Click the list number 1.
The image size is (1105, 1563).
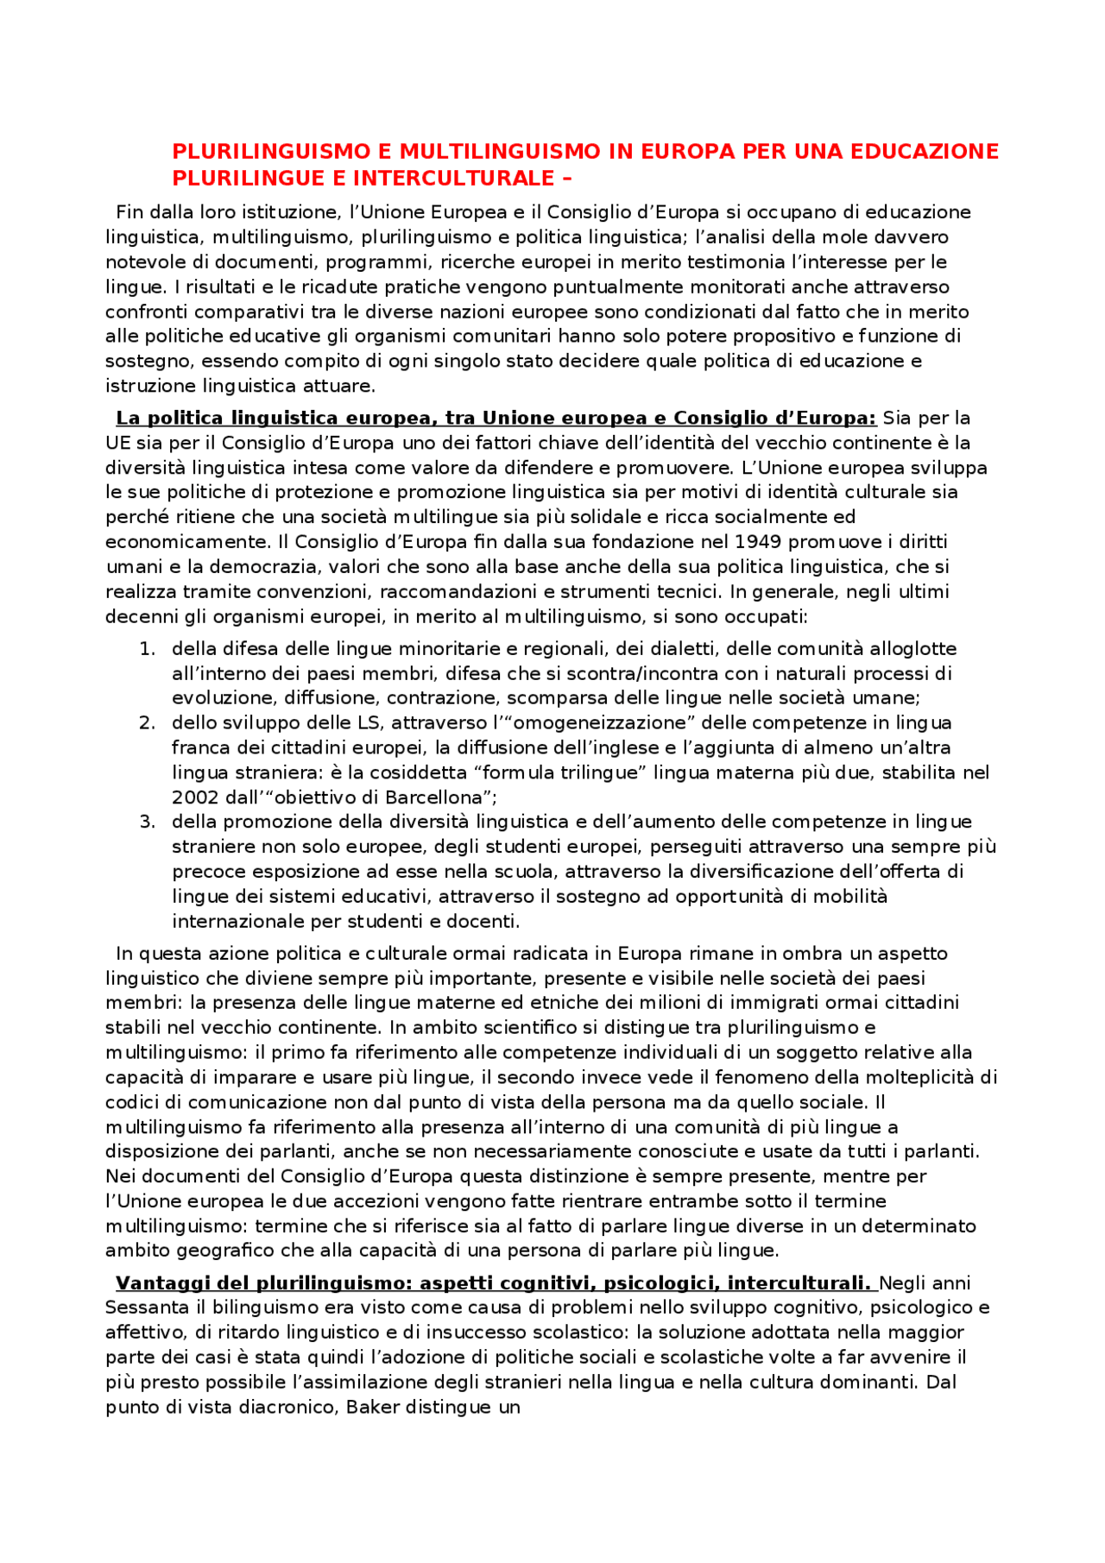tap(147, 649)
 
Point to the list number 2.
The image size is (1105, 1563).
tap(147, 723)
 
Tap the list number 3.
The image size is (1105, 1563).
tap(147, 822)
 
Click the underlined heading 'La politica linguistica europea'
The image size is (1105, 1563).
tap(496, 419)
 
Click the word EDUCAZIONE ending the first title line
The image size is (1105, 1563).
tap(925, 152)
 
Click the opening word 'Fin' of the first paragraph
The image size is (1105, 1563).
tap(129, 213)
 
